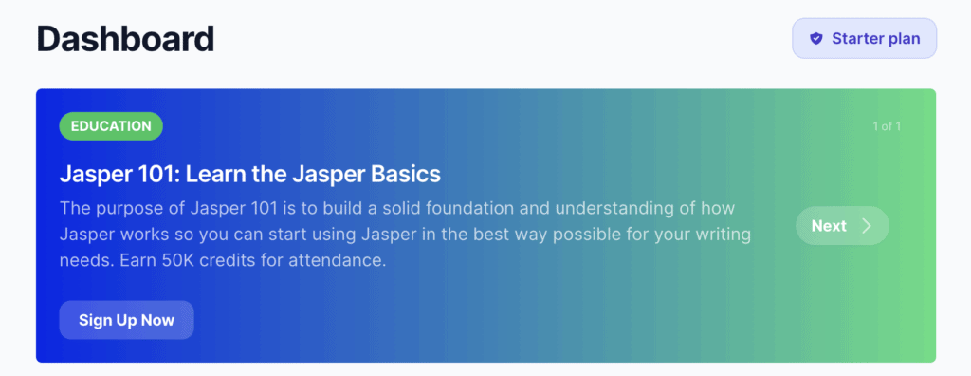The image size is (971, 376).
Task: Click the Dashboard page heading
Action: click(126, 39)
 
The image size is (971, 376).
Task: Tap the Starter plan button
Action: click(865, 39)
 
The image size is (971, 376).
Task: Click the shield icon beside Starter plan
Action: click(816, 39)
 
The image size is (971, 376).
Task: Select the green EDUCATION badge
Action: click(111, 126)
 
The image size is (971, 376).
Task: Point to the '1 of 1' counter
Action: click(887, 126)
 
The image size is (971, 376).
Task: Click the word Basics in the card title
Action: click(406, 175)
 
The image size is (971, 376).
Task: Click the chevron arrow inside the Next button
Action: click(867, 226)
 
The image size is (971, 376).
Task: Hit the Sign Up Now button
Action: click(126, 320)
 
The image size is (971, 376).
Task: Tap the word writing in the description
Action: click(721, 235)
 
